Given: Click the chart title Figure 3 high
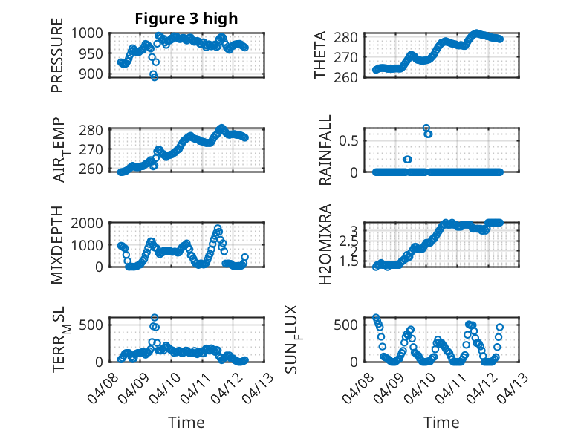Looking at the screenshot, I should click(186, 19).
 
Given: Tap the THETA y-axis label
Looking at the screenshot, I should click(320, 56).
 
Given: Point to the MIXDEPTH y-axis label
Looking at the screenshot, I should click(57, 246).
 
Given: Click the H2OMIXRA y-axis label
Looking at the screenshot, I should click(325, 246).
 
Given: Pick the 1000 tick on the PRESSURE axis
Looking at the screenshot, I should click(92, 34).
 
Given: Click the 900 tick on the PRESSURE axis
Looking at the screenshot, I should click(97, 74).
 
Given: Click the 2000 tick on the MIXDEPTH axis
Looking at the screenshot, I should click(92, 224).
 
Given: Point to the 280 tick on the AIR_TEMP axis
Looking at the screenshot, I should click(97, 130).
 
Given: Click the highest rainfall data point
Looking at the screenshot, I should click(426, 128).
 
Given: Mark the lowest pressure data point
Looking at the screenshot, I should click(155, 76).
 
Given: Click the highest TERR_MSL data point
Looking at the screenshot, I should click(155, 318).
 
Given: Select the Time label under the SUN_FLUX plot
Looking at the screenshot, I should click(441, 423).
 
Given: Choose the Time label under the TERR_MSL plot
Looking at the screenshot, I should click(186, 423).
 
